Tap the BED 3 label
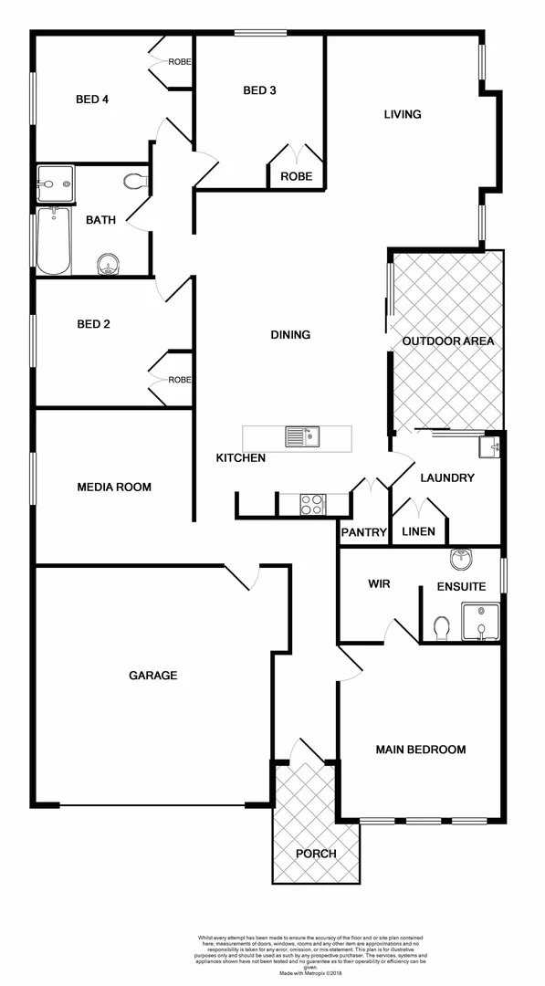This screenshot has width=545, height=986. click(x=259, y=90)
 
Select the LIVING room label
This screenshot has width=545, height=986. click(x=402, y=114)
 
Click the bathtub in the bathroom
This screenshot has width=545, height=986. click(x=53, y=241)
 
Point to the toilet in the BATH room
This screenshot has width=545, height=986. click(x=137, y=181)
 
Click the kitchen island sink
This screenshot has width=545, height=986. click(x=300, y=436)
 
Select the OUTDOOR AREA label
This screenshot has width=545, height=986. click(x=448, y=341)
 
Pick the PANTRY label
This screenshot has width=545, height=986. click(x=364, y=532)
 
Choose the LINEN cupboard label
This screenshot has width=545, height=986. click(x=418, y=531)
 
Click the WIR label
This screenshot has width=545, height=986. click(x=379, y=583)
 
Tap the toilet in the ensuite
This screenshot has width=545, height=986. click(x=442, y=628)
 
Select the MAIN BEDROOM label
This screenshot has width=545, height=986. click(x=421, y=750)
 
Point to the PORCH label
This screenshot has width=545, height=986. click(x=316, y=854)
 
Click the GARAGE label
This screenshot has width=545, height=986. click(x=152, y=676)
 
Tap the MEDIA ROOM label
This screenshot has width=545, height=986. click(x=114, y=487)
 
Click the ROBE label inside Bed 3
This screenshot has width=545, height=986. click(x=296, y=176)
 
